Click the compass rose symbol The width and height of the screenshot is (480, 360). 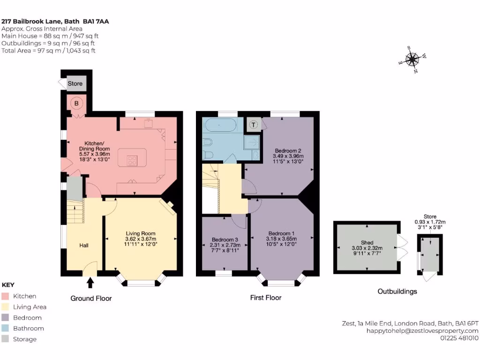click(x=412, y=60)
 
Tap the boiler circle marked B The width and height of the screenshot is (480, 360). click(x=75, y=103)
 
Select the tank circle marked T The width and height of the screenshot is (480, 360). click(x=254, y=125)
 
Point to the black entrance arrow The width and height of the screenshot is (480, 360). click(x=90, y=282)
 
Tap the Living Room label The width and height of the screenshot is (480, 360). click(x=140, y=233)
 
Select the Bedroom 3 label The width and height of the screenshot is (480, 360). click(x=225, y=238)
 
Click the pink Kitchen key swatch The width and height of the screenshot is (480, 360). click(x=6, y=296)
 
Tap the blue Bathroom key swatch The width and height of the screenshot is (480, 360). click(x=6, y=329)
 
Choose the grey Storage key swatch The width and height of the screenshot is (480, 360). click(x=6, y=339)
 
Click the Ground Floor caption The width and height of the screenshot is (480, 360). click(x=91, y=298)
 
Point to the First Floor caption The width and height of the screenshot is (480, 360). click(x=265, y=297)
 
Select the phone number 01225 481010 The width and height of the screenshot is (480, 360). click(x=459, y=337)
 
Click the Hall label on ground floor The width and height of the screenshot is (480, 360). click(x=83, y=245)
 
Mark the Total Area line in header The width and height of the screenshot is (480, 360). click(x=48, y=51)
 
